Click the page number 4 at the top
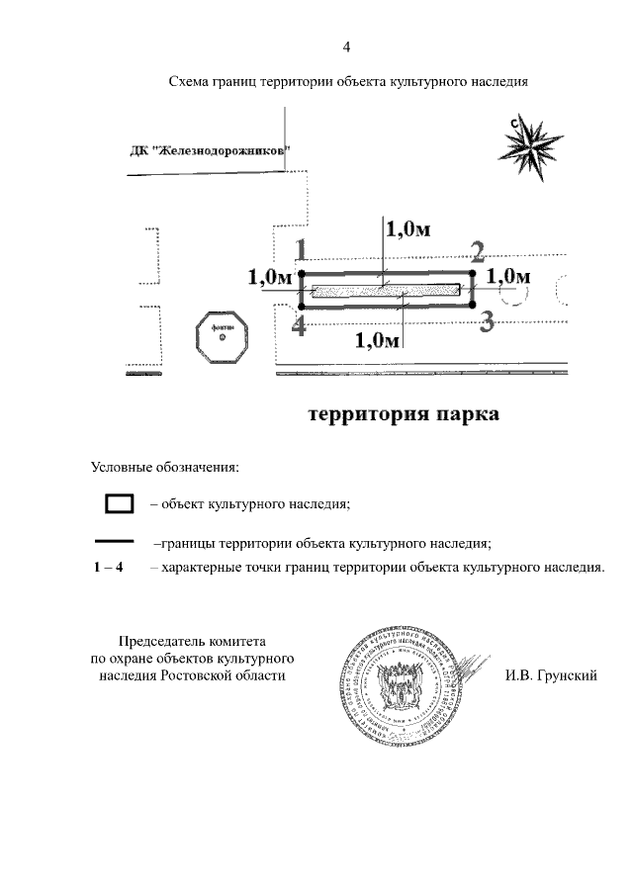(346, 46)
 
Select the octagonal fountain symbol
(223, 339)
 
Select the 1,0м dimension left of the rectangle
(270, 279)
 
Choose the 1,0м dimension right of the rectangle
(509, 275)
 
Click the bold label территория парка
(404, 413)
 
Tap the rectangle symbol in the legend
(120, 503)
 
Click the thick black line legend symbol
(120, 542)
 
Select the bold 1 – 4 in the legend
(107, 568)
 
